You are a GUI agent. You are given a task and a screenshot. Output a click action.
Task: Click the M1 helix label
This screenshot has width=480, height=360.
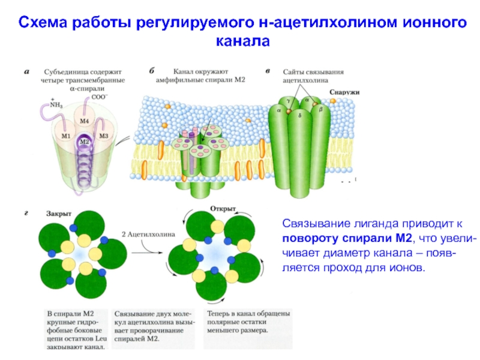(67, 136)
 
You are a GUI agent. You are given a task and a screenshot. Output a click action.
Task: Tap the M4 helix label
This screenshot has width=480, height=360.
(85, 122)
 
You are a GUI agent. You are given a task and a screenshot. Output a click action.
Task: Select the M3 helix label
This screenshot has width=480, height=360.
(104, 136)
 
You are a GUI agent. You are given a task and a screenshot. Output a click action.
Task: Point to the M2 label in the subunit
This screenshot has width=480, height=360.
(85, 142)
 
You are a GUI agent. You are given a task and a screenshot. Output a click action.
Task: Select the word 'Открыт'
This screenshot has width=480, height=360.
(222, 208)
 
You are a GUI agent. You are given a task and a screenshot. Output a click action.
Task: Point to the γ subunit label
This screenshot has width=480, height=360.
(288, 103)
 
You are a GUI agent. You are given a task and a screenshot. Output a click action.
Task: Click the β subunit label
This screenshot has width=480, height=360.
(320, 111)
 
